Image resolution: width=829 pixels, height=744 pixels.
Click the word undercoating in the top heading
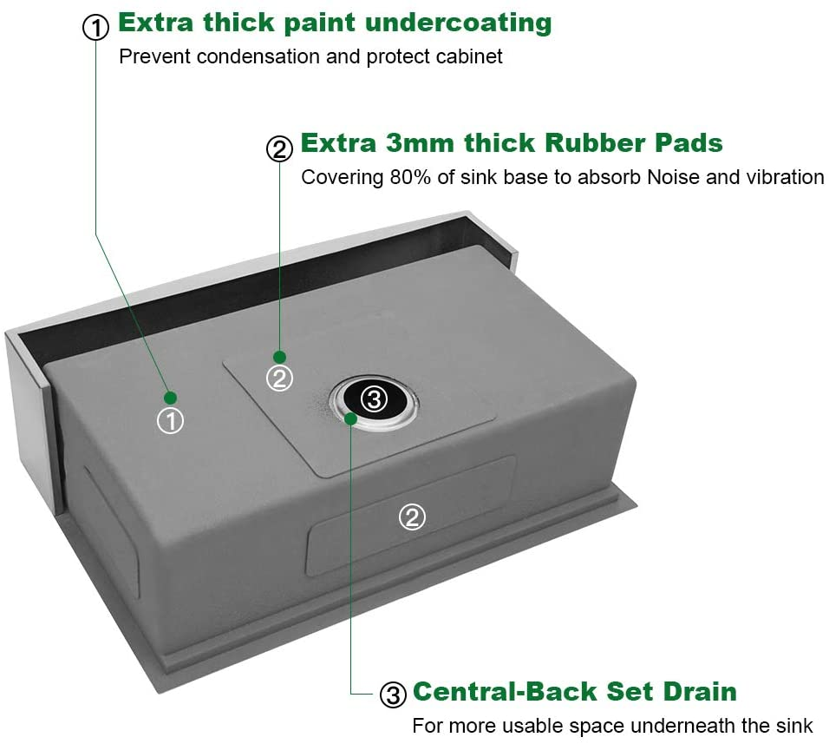(459, 23)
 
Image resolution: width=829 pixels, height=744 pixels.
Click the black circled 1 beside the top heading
(96, 27)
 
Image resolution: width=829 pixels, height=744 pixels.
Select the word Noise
(674, 177)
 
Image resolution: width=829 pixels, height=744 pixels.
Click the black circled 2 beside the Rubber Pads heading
(279, 148)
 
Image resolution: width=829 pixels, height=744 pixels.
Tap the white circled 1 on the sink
(170, 421)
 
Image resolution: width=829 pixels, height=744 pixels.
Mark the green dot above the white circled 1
(170, 398)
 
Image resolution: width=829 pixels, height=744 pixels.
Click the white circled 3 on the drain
(375, 399)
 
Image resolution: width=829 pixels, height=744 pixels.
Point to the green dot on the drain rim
(350, 418)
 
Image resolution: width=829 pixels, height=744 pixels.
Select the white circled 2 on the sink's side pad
(412, 517)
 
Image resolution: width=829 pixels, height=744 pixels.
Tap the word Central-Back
(506, 692)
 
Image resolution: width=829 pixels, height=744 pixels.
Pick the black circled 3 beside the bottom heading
(393, 695)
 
